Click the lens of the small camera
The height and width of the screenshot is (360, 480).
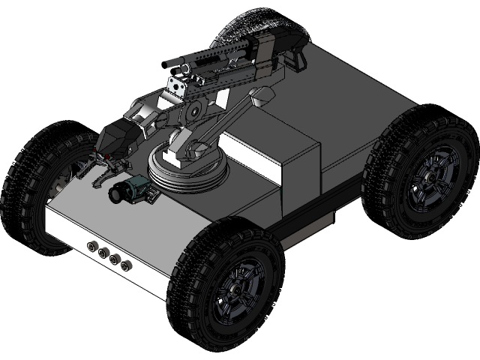[x=116, y=194]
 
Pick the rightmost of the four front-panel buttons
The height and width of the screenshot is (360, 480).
[x=125, y=264]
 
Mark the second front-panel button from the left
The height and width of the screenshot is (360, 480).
[x=103, y=252]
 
